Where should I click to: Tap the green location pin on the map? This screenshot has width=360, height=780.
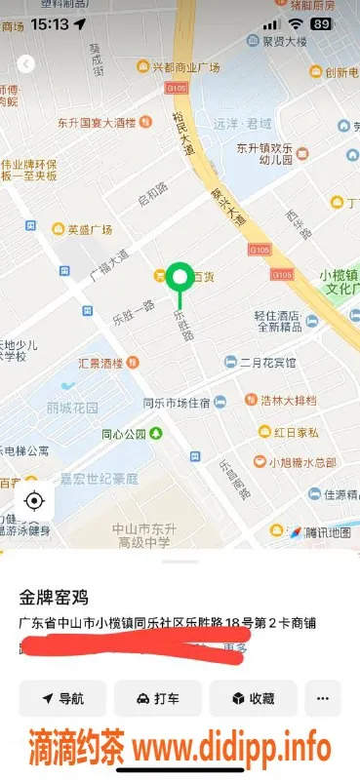(179, 278)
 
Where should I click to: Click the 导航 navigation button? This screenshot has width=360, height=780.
(61, 698)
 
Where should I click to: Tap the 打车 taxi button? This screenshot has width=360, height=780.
(157, 698)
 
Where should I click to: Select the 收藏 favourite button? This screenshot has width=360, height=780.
(253, 698)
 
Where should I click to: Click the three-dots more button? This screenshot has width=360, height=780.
(323, 698)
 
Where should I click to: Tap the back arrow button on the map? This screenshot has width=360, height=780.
(26, 63)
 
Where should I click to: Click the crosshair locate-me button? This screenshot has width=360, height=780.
(35, 501)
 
